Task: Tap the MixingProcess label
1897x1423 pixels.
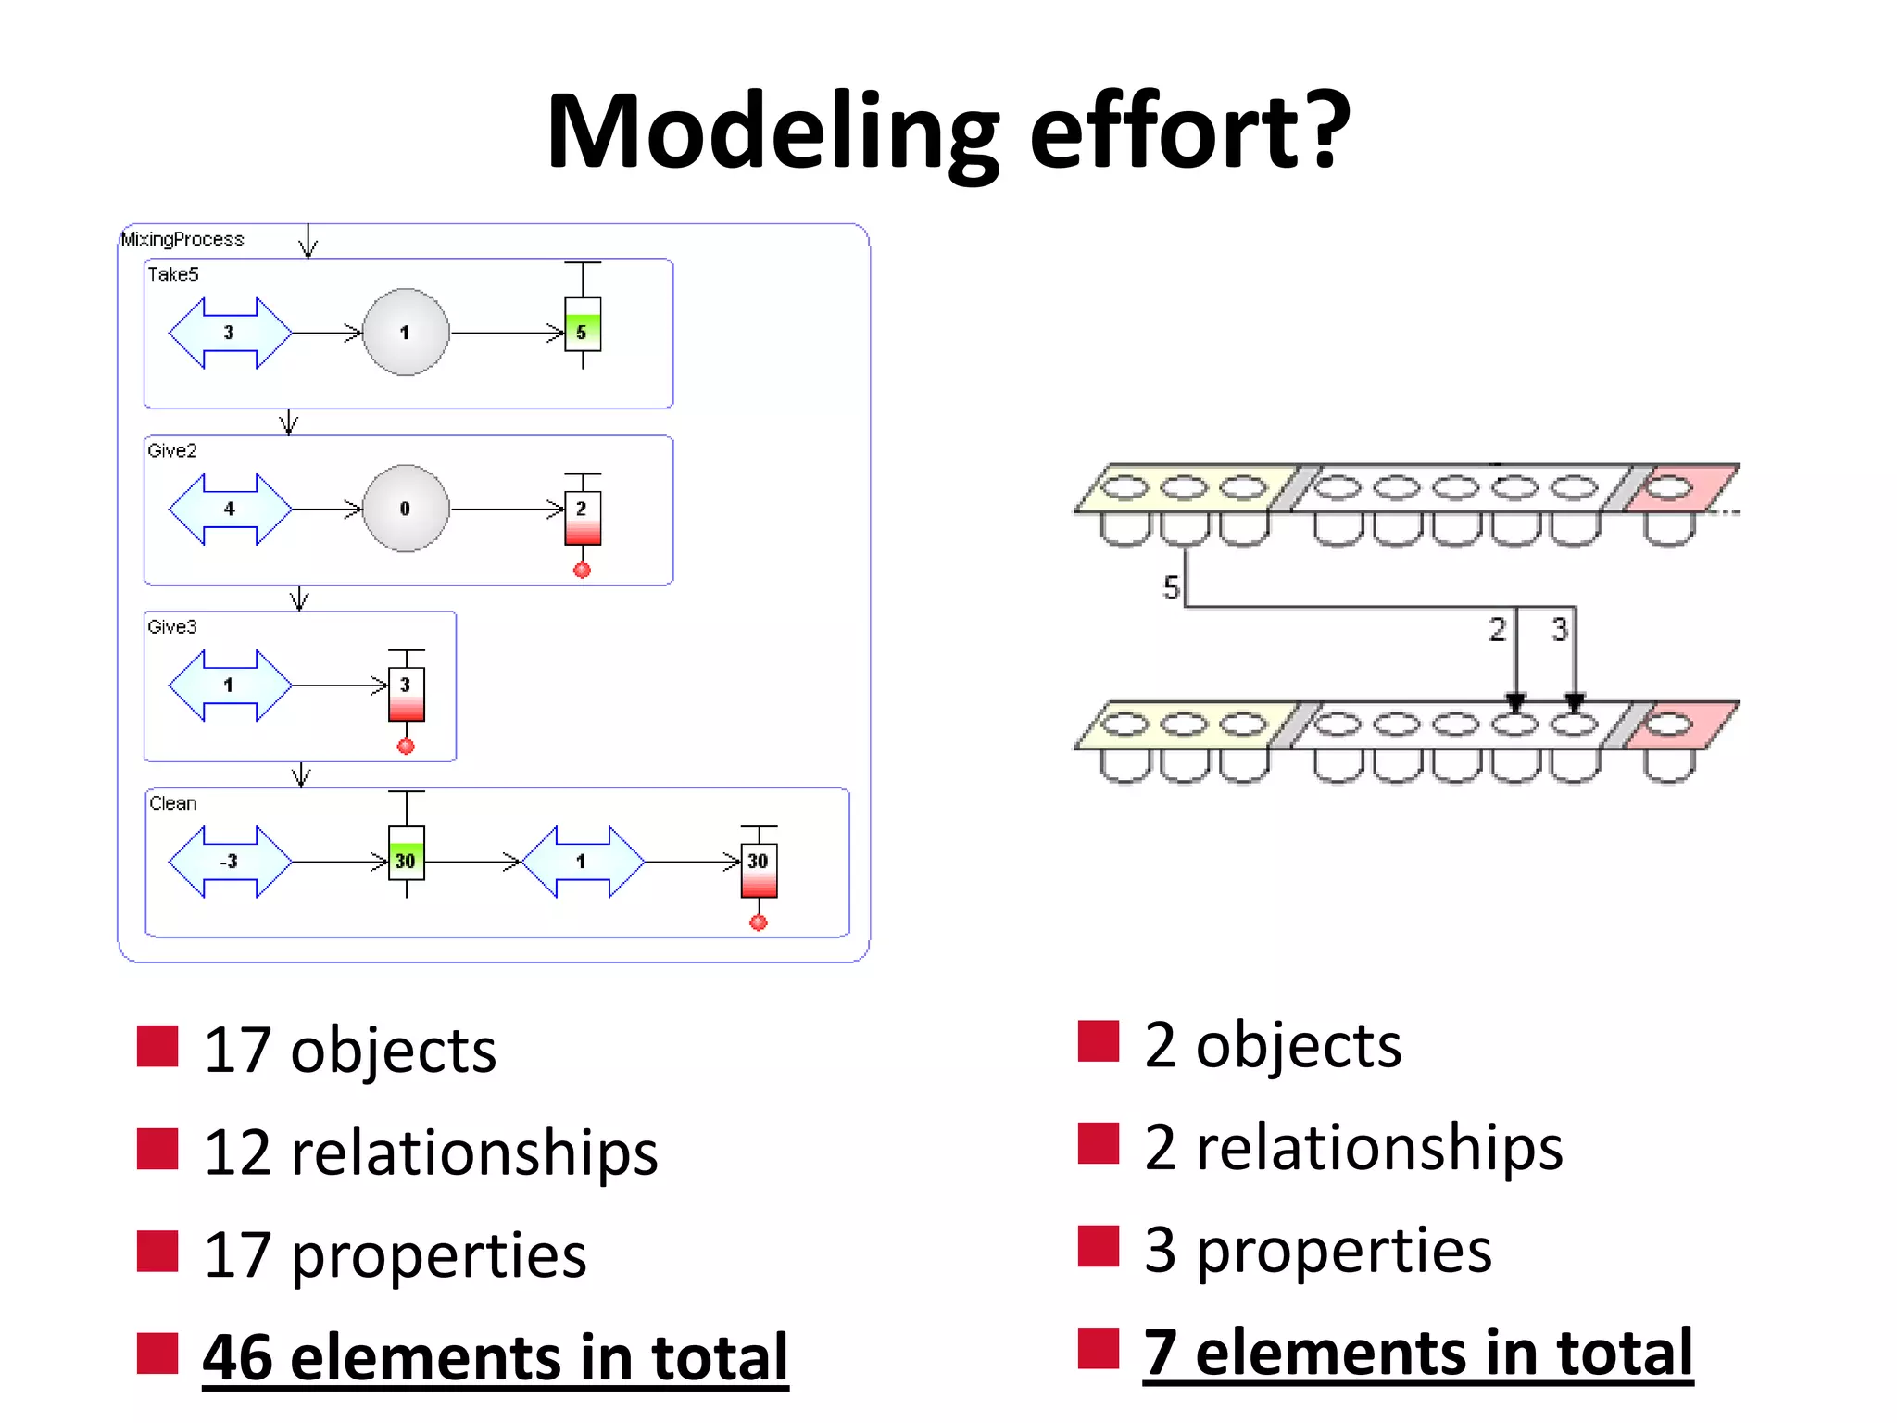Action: click(x=182, y=239)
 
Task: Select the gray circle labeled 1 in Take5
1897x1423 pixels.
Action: click(x=406, y=333)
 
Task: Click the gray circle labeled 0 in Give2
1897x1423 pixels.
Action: click(x=406, y=509)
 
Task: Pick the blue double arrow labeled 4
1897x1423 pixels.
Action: click(x=230, y=509)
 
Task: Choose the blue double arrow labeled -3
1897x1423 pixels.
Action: click(x=230, y=862)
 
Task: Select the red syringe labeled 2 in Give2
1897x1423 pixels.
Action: click(x=583, y=517)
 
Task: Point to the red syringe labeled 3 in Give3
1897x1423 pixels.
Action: click(x=406, y=693)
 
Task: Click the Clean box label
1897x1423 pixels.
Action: click(x=173, y=803)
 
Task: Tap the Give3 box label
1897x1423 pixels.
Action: click(x=172, y=627)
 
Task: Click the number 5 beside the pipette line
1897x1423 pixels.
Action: click(x=1171, y=587)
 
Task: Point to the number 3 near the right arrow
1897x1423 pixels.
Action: click(x=1559, y=630)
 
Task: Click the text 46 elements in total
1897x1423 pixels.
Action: click(x=495, y=1358)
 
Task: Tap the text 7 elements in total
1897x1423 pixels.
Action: click(x=1417, y=1353)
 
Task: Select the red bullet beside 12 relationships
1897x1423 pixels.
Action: click(x=157, y=1149)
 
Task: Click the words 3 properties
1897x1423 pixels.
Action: click(x=1317, y=1250)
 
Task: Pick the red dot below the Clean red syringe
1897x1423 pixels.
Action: click(x=759, y=923)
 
